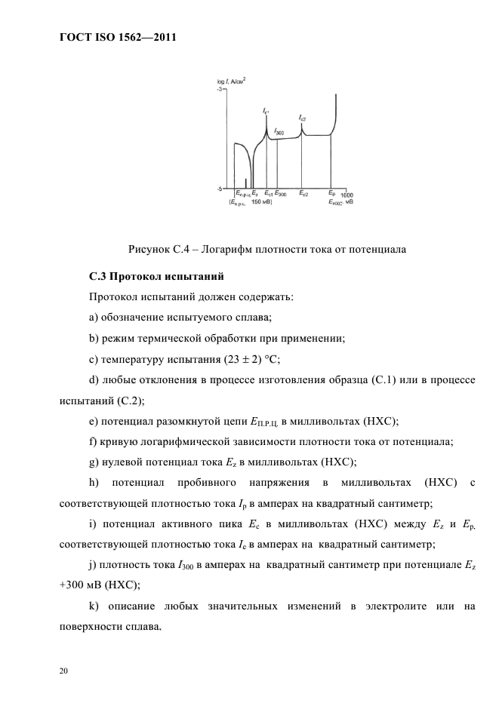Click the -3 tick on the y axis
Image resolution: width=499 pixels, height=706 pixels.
[x=220, y=90]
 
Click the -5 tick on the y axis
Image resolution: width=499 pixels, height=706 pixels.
[x=220, y=188]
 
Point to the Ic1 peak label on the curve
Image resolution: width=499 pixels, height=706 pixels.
[x=266, y=112]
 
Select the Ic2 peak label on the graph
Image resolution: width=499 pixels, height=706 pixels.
[x=302, y=118]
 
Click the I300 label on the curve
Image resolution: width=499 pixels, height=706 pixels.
[x=279, y=132]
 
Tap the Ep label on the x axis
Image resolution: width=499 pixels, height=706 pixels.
[x=331, y=194]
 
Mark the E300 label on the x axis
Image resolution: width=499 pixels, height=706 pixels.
[x=280, y=194]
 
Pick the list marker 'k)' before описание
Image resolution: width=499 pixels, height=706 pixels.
[x=95, y=606]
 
